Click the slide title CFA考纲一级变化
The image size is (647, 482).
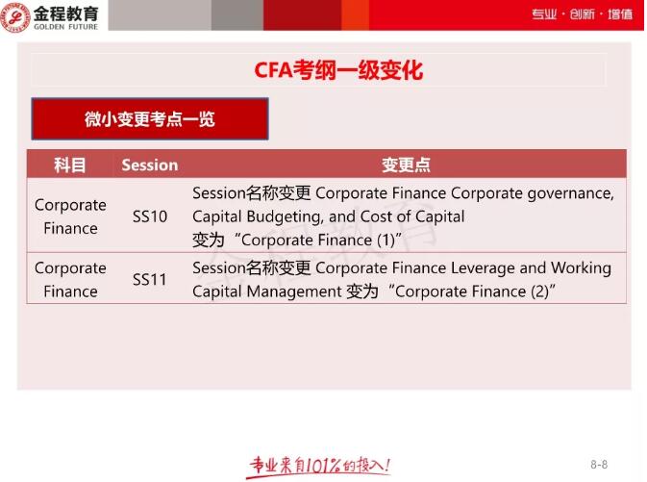pyautogui.click(x=337, y=70)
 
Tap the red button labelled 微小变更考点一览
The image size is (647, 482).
pyautogui.click(x=149, y=119)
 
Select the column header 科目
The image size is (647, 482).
pyautogui.click(x=70, y=165)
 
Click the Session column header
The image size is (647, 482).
pyautogui.click(x=149, y=165)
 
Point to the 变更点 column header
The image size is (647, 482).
pyautogui.click(x=406, y=165)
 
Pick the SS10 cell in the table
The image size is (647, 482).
pyautogui.click(x=149, y=216)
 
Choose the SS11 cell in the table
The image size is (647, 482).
pyautogui.click(x=149, y=280)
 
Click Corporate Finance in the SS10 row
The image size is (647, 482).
pyautogui.click(x=70, y=216)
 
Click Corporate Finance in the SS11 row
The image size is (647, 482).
pyautogui.click(x=70, y=279)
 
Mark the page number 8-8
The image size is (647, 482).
pyautogui.click(x=598, y=464)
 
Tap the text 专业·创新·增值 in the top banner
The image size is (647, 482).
pyautogui.click(x=582, y=14)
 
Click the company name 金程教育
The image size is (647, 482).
pyautogui.click(x=65, y=11)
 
